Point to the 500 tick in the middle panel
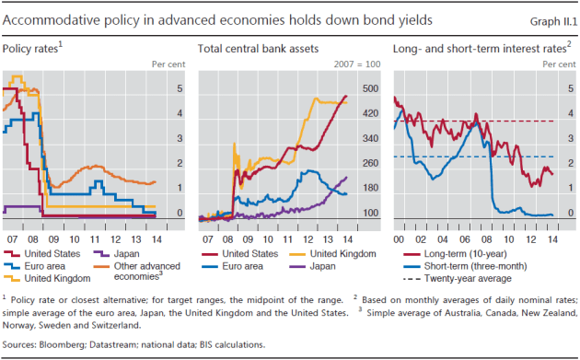[369, 89]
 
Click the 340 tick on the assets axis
[369, 139]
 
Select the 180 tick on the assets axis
[369, 189]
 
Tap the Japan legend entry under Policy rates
[130, 252]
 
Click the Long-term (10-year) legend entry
[470, 252]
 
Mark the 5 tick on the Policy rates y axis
[179, 89]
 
